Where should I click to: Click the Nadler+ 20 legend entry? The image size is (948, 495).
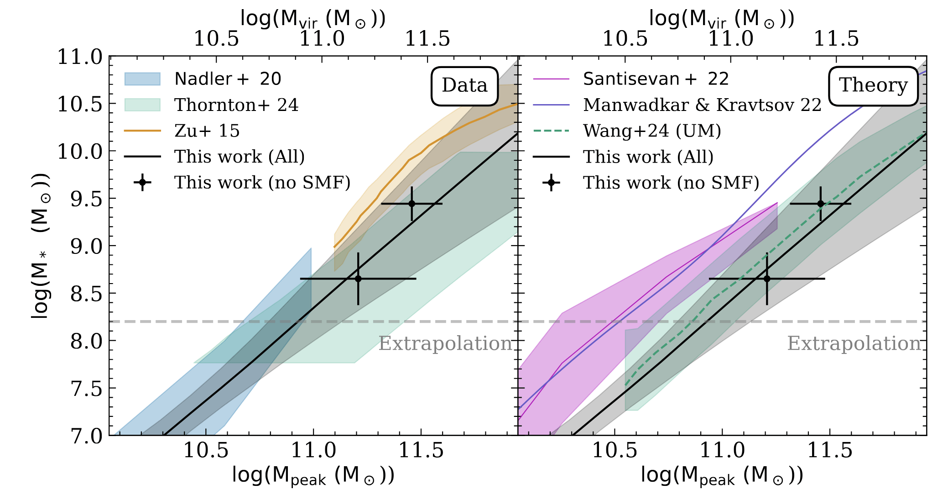pos(228,79)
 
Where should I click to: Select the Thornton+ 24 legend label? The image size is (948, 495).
pos(236,105)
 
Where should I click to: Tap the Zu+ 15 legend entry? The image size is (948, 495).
pos(207,131)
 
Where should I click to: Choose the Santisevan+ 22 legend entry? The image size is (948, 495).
pos(656,79)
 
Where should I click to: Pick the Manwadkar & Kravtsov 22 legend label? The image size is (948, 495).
pos(702,105)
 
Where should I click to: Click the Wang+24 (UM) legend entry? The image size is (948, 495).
pos(652,131)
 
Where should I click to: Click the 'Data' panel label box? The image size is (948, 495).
pos(464,85)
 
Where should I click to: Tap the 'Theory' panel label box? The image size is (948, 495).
pos(873,85)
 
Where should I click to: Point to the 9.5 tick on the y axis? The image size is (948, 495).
pos(86,199)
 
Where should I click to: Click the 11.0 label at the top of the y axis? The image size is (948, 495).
pos(79,58)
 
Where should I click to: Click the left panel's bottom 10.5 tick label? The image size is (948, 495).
pos(206,451)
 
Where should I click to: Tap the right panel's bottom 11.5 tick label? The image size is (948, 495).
pos(830,451)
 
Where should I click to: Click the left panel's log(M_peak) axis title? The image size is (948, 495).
pos(313,475)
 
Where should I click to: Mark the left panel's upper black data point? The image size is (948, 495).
pos(412,204)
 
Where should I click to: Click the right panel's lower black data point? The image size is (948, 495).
pos(767,279)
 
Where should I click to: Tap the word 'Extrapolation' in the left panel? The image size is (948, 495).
pos(445,343)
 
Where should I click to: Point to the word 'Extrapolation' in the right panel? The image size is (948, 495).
pos(854,343)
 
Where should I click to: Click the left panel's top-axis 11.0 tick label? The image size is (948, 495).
pos(322,39)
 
